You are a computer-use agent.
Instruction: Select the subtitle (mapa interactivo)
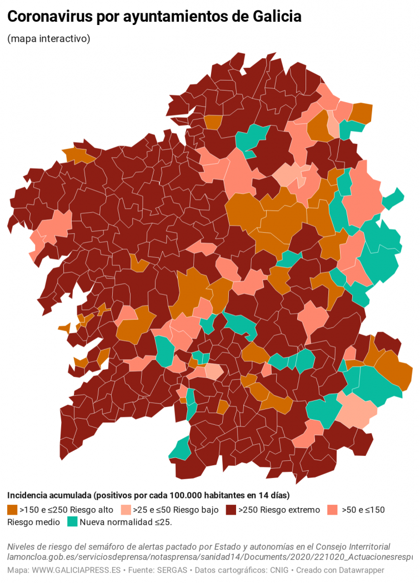[49, 39]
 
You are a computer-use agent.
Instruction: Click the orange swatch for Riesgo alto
[12, 510]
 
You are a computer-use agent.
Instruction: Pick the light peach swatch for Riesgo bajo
[126, 510]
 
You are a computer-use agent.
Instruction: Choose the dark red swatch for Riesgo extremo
[231, 510]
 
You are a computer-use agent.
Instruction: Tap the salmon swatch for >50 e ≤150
[333, 510]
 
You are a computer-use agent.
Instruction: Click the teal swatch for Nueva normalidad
[72, 522]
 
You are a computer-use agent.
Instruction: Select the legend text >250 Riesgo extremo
[279, 510]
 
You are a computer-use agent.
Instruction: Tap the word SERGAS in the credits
[174, 570]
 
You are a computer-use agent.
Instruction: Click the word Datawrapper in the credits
[358, 570]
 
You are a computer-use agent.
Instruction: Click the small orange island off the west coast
[63, 328]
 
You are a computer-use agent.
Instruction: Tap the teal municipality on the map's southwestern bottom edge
[181, 449]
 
